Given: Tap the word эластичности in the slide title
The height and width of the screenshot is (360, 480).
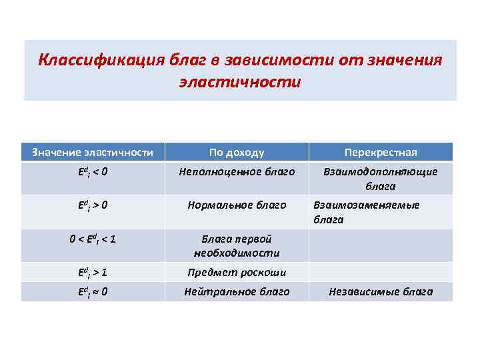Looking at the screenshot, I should point(240,83).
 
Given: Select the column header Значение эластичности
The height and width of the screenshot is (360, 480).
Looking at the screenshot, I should point(93,152).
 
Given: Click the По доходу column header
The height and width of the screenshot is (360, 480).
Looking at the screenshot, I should point(237,152).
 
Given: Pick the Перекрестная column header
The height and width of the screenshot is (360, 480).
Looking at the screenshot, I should point(381,152).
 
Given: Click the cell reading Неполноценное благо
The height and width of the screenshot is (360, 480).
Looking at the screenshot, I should point(237,172).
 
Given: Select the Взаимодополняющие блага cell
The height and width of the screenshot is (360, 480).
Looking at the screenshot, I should point(381,179).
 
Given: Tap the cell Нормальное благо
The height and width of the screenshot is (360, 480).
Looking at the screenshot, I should point(237,205).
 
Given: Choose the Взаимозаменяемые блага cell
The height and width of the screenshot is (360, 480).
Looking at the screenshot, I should point(367,212).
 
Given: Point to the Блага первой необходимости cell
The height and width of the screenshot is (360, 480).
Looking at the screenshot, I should point(237,246).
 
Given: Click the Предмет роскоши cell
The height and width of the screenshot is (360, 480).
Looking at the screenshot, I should point(237,272).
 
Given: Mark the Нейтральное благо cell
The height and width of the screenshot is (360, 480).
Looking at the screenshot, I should point(237,291).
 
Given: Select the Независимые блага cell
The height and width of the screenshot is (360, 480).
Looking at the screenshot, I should point(381,291).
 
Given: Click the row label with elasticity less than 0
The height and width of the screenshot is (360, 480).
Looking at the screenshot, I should point(93,172).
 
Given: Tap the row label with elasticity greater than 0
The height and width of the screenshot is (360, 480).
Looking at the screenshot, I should point(93,205).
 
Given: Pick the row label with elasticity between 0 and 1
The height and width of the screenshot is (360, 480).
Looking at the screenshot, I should point(93,239).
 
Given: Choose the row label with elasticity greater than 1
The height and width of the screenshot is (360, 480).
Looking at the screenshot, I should point(93,272).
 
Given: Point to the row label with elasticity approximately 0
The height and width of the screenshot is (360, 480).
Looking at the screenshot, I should point(93,291).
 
